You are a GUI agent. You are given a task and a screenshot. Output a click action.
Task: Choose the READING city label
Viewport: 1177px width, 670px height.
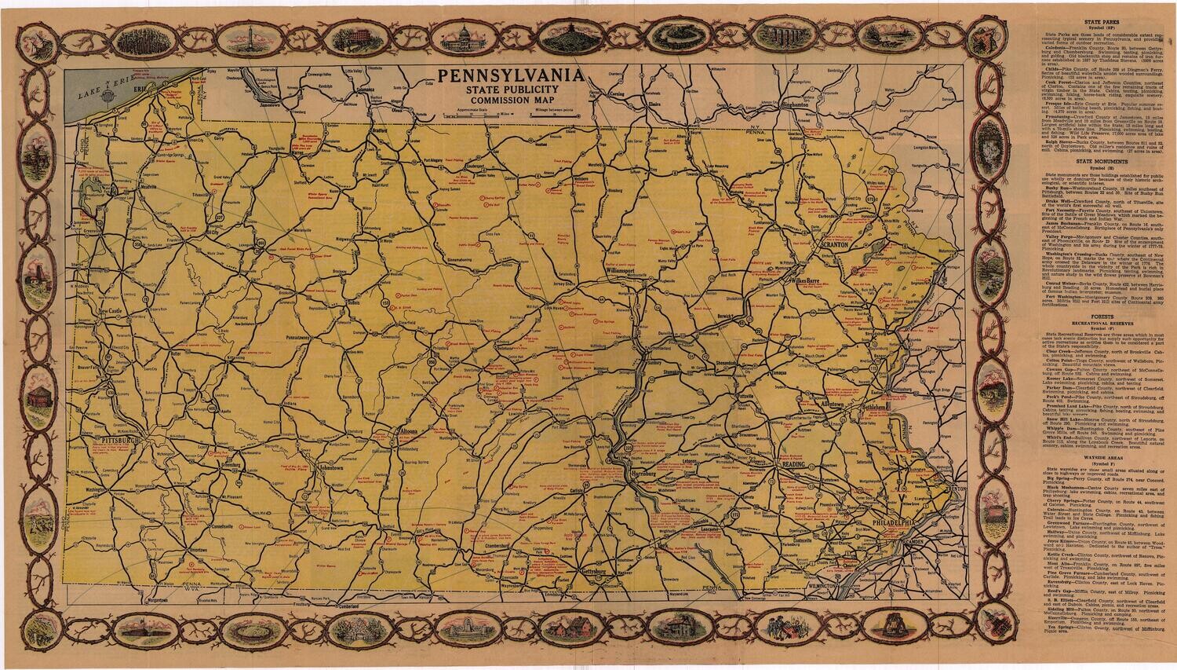click(791, 467)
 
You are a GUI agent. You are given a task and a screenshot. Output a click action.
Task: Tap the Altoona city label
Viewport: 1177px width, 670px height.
click(409, 431)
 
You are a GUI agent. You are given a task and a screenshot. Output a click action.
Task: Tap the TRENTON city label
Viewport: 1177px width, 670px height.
click(956, 489)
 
